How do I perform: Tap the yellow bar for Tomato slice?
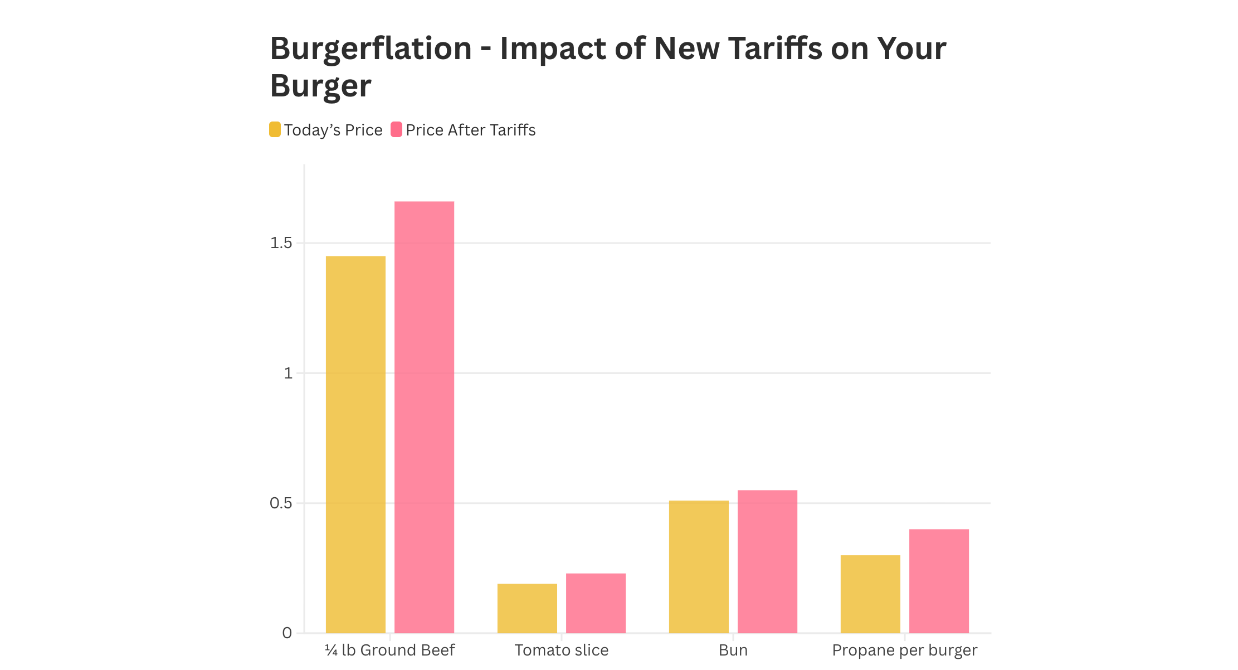527,608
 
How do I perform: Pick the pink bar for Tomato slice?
596,603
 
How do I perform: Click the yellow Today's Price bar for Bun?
699,566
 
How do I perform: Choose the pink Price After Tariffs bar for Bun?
767,561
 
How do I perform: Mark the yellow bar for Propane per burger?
870,594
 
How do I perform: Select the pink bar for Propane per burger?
939,581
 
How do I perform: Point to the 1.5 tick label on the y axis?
281,243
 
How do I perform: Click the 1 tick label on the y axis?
287,373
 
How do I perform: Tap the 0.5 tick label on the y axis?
281,503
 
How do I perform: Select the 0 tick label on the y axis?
287,633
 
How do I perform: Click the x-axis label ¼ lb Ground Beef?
390,650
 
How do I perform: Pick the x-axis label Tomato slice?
562,650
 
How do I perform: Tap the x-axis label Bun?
733,650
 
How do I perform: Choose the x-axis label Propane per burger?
905,650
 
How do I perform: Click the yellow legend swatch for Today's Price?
275,129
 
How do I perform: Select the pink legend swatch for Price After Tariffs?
396,129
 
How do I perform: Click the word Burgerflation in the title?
371,48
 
